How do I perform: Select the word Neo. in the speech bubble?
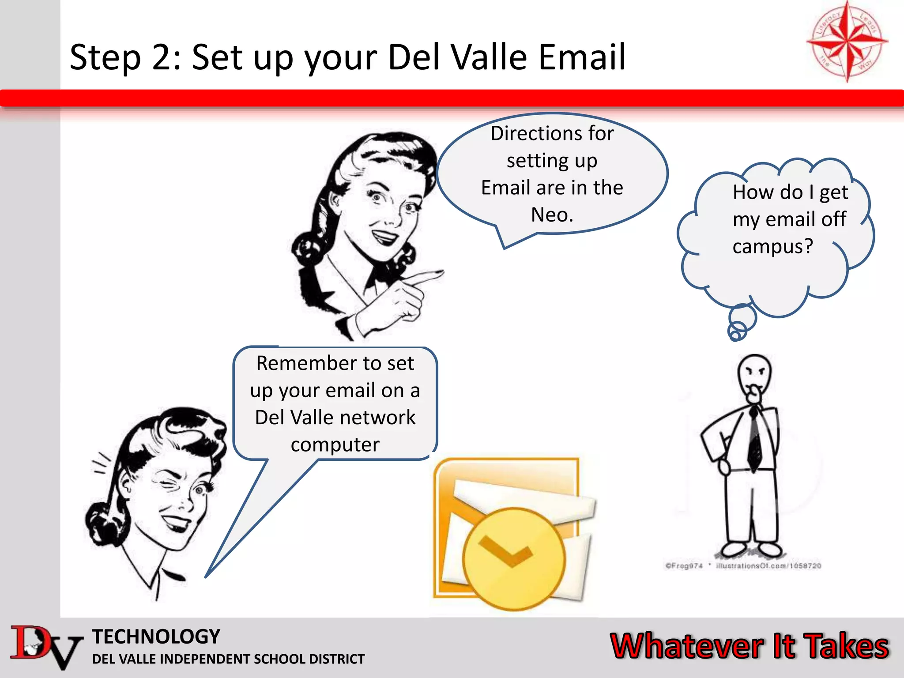(552, 215)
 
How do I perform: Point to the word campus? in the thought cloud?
(772, 246)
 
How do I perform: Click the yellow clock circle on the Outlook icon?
(513, 559)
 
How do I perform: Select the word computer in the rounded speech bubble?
(335, 444)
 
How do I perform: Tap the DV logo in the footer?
(44, 647)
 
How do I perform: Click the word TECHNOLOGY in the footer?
(156, 637)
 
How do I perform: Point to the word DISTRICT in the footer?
(336, 659)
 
